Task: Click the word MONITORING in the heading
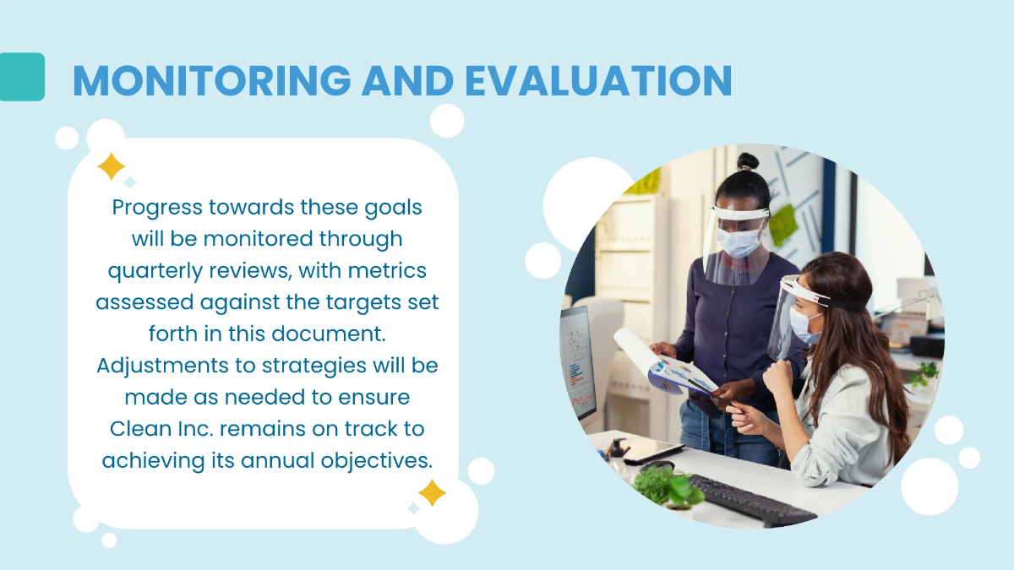pos(211,81)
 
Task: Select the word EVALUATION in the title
pos(598,81)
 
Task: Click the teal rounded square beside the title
pos(21,77)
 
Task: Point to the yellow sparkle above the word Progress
pos(111,166)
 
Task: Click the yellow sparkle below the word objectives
pos(432,492)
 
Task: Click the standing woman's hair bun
pos(747,161)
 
